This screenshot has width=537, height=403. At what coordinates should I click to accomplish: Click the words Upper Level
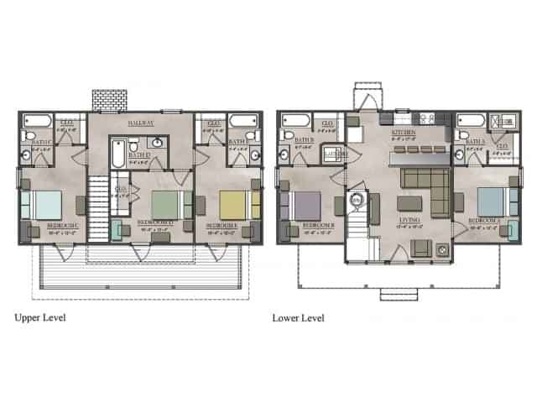pos(40,318)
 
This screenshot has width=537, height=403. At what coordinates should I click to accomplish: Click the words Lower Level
pos(298,318)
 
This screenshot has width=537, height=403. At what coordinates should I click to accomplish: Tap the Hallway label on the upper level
pos(140,123)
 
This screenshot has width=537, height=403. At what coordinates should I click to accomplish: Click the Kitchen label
pos(404,133)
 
